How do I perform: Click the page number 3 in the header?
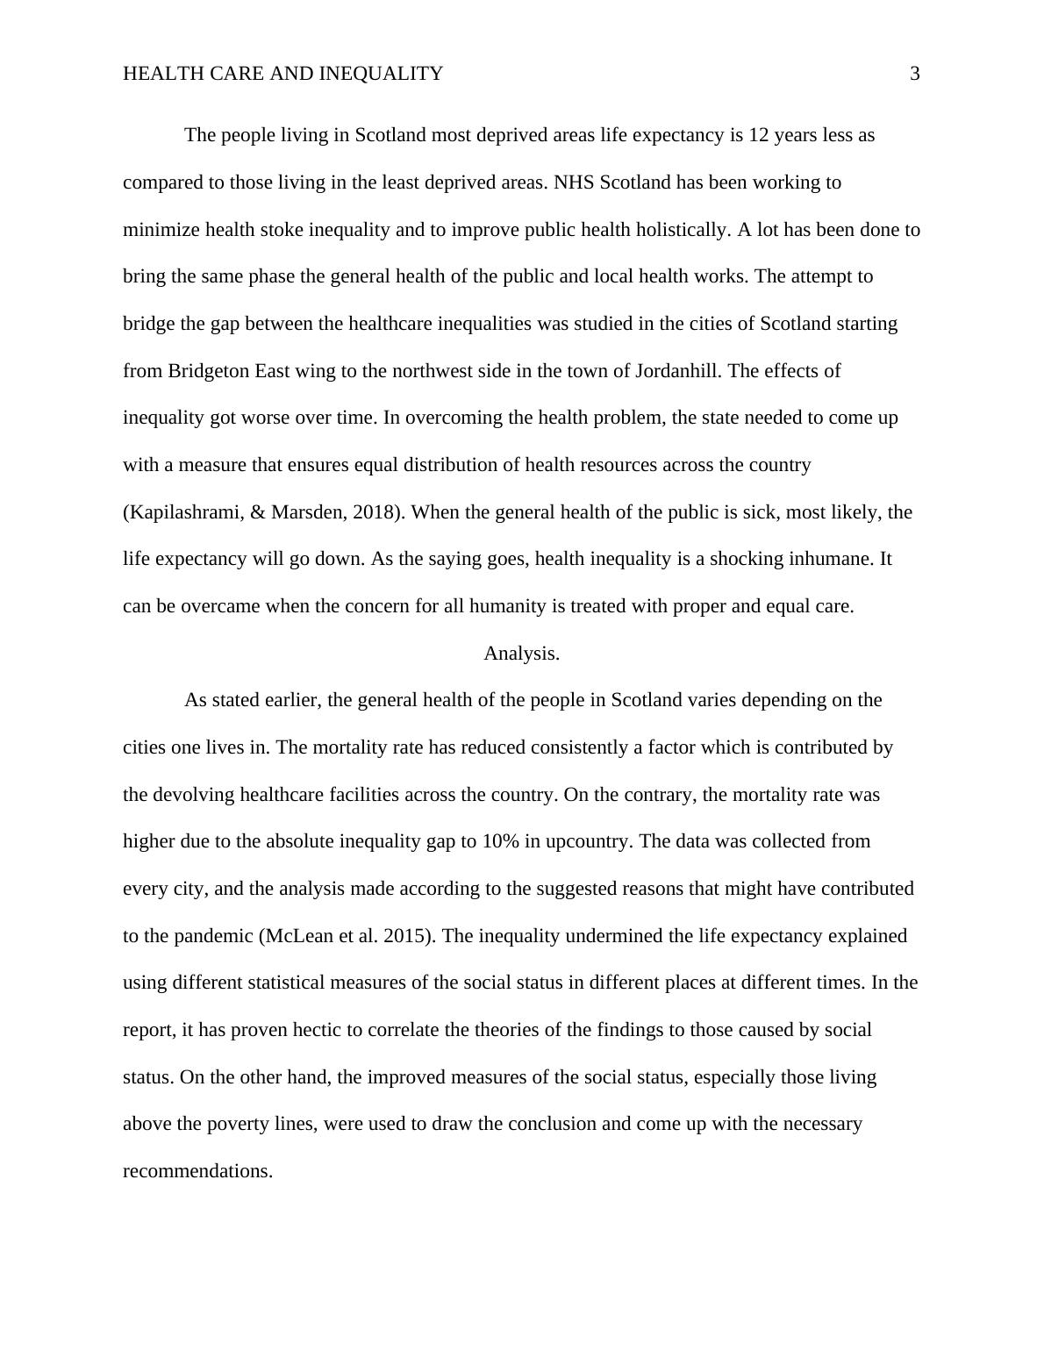click(915, 74)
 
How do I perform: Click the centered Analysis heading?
click(521, 654)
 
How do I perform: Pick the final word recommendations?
click(197, 1171)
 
